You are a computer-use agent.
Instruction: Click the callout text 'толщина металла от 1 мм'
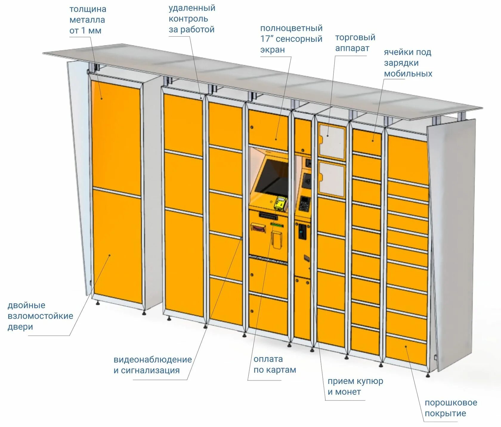pos(87,20)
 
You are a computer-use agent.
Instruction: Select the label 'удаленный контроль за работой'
pos(192,18)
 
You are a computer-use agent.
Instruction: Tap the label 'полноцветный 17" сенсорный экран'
pos(291,39)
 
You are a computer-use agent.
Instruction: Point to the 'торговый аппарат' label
pos(355,43)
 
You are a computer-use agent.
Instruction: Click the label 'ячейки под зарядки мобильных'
pos(408,63)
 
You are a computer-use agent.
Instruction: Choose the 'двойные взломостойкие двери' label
pos(40,316)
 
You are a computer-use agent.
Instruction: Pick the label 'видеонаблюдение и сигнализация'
pos(152,365)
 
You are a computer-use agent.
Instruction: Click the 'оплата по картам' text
pos(275,364)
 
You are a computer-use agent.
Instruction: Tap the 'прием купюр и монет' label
pos(355,386)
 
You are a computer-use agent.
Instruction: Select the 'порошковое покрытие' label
pos(451,408)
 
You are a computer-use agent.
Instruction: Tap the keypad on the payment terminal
pos(304,203)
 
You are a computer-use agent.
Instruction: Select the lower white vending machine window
pos(332,180)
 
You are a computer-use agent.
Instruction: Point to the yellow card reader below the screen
pos(280,203)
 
